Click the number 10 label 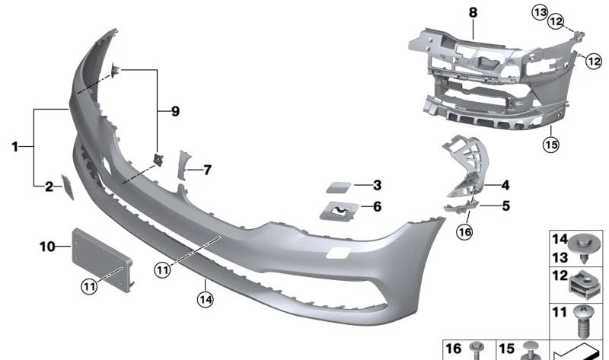[x=47, y=246]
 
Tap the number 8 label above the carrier [x=473, y=13]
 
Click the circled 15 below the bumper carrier [x=551, y=143]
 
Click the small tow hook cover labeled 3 [x=330, y=186]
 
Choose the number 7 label [x=206, y=169]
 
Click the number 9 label [x=174, y=112]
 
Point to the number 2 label [x=49, y=186]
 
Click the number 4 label [x=505, y=183]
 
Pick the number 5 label [x=505, y=205]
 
